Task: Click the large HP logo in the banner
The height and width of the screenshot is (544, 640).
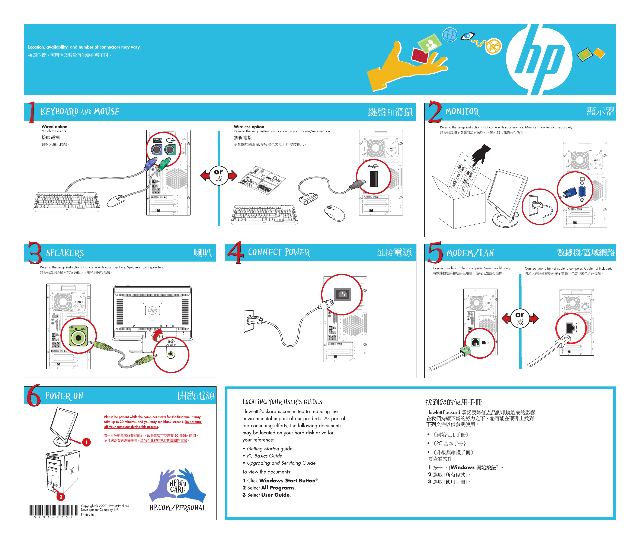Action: coord(539,59)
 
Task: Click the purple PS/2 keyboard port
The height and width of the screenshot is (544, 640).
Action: coord(156,150)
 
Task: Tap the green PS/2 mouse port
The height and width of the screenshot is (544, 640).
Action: coord(170,150)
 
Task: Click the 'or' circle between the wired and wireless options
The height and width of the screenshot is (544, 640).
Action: coord(219,175)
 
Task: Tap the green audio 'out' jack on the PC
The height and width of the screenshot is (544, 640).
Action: coord(78,338)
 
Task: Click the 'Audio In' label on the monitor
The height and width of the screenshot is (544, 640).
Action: coord(171,345)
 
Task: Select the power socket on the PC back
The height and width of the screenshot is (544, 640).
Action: coord(342,294)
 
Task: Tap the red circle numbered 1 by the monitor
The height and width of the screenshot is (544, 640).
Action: coord(87,442)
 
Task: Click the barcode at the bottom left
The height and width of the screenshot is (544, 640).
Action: coord(53,510)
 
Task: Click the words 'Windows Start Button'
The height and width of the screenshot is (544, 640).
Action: coord(287,480)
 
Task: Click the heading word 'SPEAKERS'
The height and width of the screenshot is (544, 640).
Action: coord(65,253)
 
